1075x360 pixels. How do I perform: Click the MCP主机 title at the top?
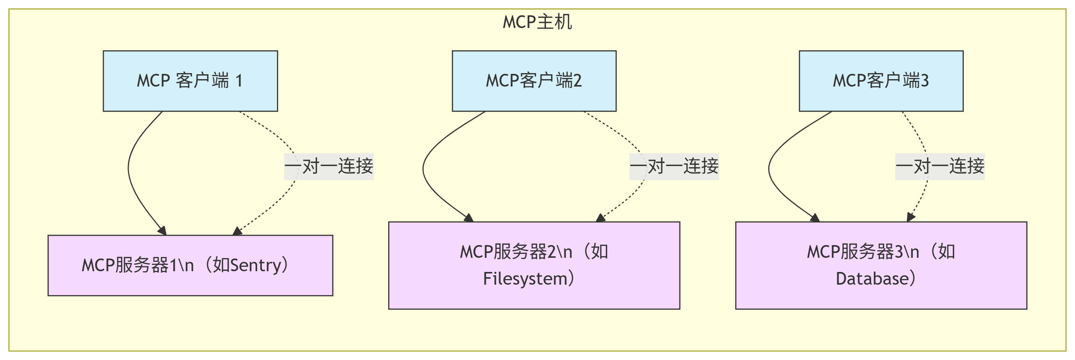pyautogui.click(x=537, y=22)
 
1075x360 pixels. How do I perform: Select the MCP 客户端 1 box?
pyautogui.click(x=190, y=81)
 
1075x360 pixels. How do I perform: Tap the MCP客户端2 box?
pyautogui.click(x=534, y=81)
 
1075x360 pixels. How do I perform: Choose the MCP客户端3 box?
pyautogui.click(x=881, y=81)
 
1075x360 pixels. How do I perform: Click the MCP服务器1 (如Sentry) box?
pyautogui.click(x=190, y=265)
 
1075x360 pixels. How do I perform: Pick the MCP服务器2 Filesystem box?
pyautogui.click(x=534, y=265)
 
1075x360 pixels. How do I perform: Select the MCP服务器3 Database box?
pyautogui.click(x=881, y=265)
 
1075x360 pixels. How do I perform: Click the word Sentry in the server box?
pyautogui.click(x=256, y=265)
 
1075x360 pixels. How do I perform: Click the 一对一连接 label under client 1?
pyautogui.click(x=328, y=166)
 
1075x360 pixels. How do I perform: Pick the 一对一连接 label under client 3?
pyautogui.click(x=940, y=166)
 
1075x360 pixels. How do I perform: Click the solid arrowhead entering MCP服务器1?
pyautogui.click(x=163, y=231)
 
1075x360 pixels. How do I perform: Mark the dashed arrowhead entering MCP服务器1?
pyautogui.click(x=237, y=231)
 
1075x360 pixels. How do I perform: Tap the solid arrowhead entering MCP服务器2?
pyautogui.click(x=469, y=217)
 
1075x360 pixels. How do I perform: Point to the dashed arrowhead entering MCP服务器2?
pyautogui.click(x=600, y=218)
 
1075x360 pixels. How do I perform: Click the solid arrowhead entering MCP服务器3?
pyautogui.click(x=816, y=217)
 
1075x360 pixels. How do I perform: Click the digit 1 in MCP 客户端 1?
pyautogui.click(x=239, y=81)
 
